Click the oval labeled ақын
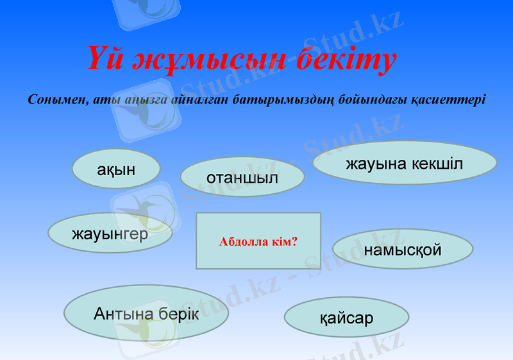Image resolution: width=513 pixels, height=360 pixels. coord(116,169)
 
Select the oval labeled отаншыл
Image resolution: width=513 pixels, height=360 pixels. coord(242,177)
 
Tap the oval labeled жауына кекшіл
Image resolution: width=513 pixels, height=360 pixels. coord(405,164)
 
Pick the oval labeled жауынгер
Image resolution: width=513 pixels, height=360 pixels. coord(110,234)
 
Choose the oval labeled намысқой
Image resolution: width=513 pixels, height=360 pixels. coord(403,249)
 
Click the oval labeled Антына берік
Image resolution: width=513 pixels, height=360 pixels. coord(146,314)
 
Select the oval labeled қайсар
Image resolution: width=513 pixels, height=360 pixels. coord(346,317)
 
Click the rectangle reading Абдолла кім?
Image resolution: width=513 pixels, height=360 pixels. coord(258,241)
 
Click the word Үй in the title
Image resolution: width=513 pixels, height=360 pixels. coord(106,60)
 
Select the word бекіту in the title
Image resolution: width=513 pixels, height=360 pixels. coord(346,60)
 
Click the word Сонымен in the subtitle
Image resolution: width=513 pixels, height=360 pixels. coord(58,100)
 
